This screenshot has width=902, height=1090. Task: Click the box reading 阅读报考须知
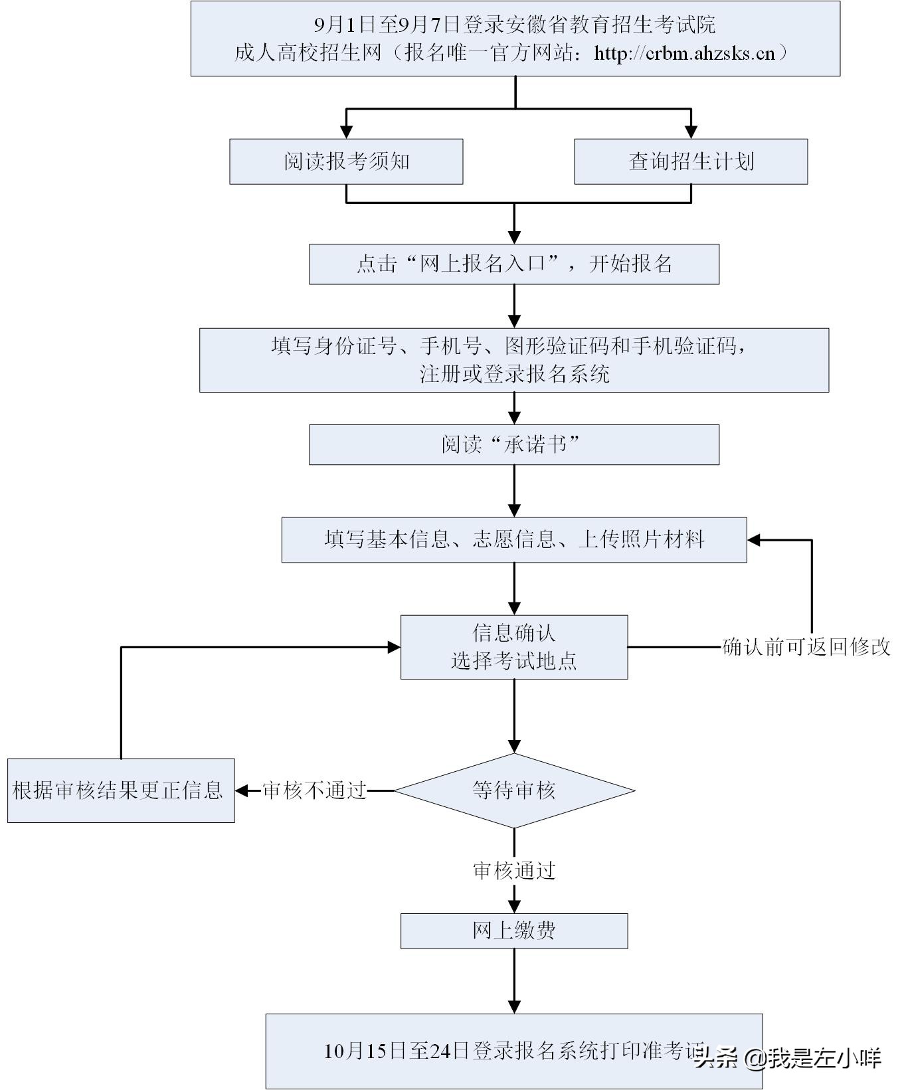click(x=346, y=161)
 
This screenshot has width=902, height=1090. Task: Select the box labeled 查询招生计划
click(x=691, y=161)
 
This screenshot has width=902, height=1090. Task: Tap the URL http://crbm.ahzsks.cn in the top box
click(x=684, y=53)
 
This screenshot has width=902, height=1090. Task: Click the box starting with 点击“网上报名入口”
click(x=513, y=264)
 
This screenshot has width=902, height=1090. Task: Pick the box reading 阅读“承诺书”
click(x=513, y=444)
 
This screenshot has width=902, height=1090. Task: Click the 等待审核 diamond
click(x=514, y=790)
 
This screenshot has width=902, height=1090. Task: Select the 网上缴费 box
click(x=513, y=931)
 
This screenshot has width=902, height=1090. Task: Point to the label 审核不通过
click(x=314, y=790)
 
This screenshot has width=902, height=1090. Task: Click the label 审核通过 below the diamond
click(x=513, y=871)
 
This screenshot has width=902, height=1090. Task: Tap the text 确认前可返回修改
click(x=806, y=647)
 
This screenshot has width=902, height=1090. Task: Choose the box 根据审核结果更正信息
click(x=121, y=790)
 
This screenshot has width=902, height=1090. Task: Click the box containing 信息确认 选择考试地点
click(x=513, y=647)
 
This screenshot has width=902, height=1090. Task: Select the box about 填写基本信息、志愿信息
click(x=513, y=539)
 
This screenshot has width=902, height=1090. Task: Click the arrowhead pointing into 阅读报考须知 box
click(x=346, y=132)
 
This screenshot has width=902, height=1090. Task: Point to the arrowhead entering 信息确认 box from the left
click(x=394, y=647)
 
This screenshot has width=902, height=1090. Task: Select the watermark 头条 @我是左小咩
click(x=787, y=1057)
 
